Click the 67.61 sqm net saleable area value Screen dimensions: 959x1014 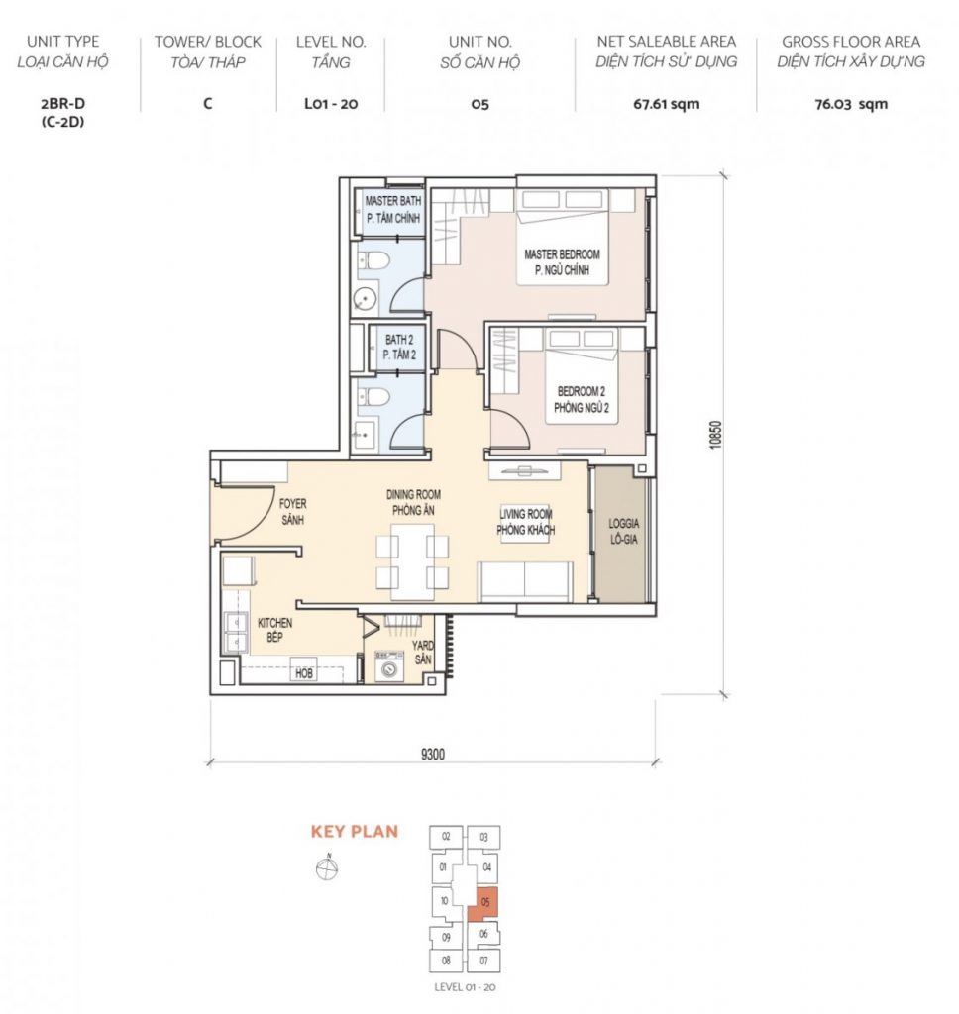(x=666, y=103)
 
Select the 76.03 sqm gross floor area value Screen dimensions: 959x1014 (x=851, y=103)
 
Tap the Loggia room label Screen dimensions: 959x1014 (x=624, y=531)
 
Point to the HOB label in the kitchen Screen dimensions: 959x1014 (x=304, y=673)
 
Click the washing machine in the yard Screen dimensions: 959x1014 (x=389, y=667)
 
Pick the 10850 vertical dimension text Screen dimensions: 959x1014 (x=714, y=435)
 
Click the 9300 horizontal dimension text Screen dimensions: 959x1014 (x=433, y=754)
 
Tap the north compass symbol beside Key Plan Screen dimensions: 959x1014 (x=327, y=867)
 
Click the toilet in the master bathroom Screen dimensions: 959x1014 (x=373, y=260)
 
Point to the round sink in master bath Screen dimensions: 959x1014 (x=365, y=299)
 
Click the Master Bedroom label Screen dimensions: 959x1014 (x=562, y=261)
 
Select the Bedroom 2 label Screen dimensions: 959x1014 (x=582, y=399)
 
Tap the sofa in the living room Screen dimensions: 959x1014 (x=525, y=581)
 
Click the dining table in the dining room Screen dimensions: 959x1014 (x=412, y=561)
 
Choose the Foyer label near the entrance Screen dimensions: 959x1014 (x=292, y=511)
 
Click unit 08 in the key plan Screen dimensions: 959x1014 (x=446, y=961)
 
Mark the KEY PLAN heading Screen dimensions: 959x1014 (x=355, y=831)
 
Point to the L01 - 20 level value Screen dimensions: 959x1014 (x=331, y=103)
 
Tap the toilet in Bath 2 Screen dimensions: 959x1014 (x=373, y=396)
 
